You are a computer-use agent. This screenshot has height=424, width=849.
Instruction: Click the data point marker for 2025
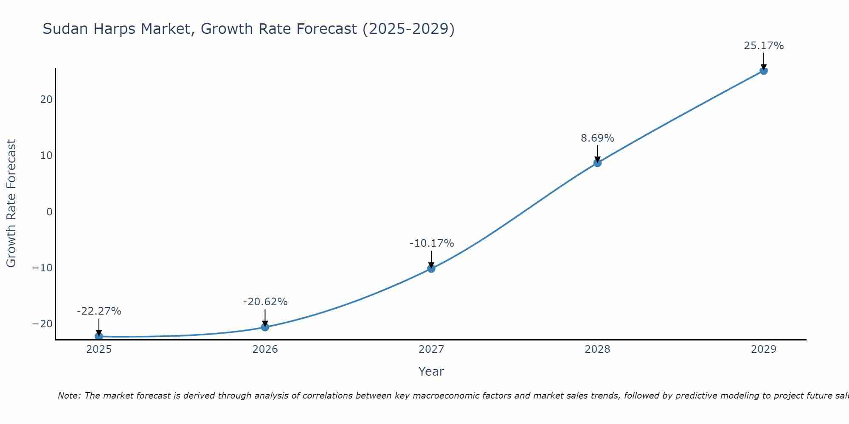(x=99, y=336)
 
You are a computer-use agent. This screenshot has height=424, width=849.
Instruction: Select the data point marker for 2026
(x=265, y=327)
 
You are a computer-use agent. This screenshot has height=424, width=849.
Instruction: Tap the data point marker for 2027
(x=431, y=268)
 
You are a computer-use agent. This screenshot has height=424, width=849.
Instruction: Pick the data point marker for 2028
(x=597, y=163)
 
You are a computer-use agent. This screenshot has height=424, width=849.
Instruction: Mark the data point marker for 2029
(x=763, y=71)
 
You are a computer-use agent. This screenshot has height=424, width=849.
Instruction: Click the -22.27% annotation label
(x=99, y=311)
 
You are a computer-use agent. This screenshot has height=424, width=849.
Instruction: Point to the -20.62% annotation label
(x=265, y=302)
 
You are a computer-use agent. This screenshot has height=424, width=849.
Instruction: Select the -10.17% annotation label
(x=432, y=243)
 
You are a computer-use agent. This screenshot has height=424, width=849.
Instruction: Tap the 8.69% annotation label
(x=597, y=138)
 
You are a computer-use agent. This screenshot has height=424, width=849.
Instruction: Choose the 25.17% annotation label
(x=764, y=46)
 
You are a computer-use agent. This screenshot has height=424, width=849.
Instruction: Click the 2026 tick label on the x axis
(x=265, y=349)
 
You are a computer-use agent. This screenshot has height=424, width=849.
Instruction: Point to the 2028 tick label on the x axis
(x=597, y=349)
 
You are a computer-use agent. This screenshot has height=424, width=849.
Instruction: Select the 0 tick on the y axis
(x=49, y=212)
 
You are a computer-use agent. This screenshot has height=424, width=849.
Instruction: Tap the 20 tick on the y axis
(x=46, y=100)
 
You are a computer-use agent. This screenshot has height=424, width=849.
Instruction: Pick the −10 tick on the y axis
(x=42, y=268)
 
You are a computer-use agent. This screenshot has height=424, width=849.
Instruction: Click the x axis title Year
(x=431, y=371)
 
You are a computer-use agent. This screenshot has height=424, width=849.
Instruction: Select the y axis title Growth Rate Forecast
(x=11, y=204)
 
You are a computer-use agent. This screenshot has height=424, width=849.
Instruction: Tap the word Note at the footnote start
(x=68, y=396)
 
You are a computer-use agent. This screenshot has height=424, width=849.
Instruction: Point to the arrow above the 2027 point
(x=431, y=259)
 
